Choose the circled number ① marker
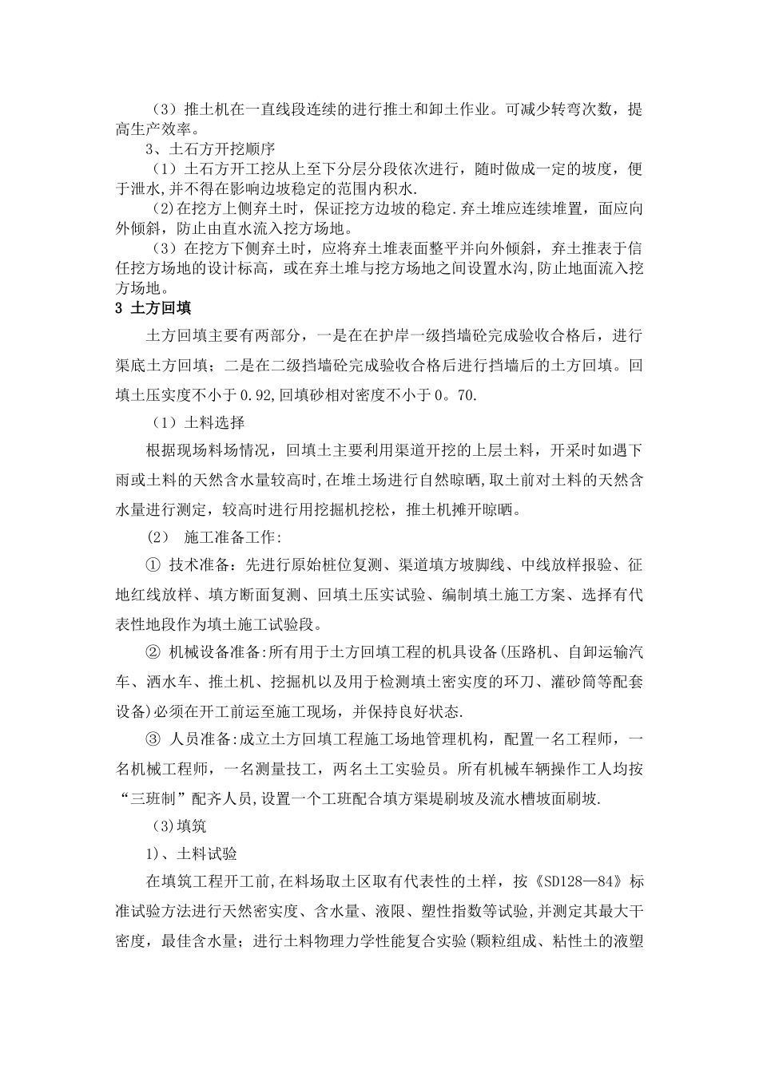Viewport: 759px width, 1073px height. click(x=153, y=565)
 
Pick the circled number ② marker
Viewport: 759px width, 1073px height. click(x=153, y=652)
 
